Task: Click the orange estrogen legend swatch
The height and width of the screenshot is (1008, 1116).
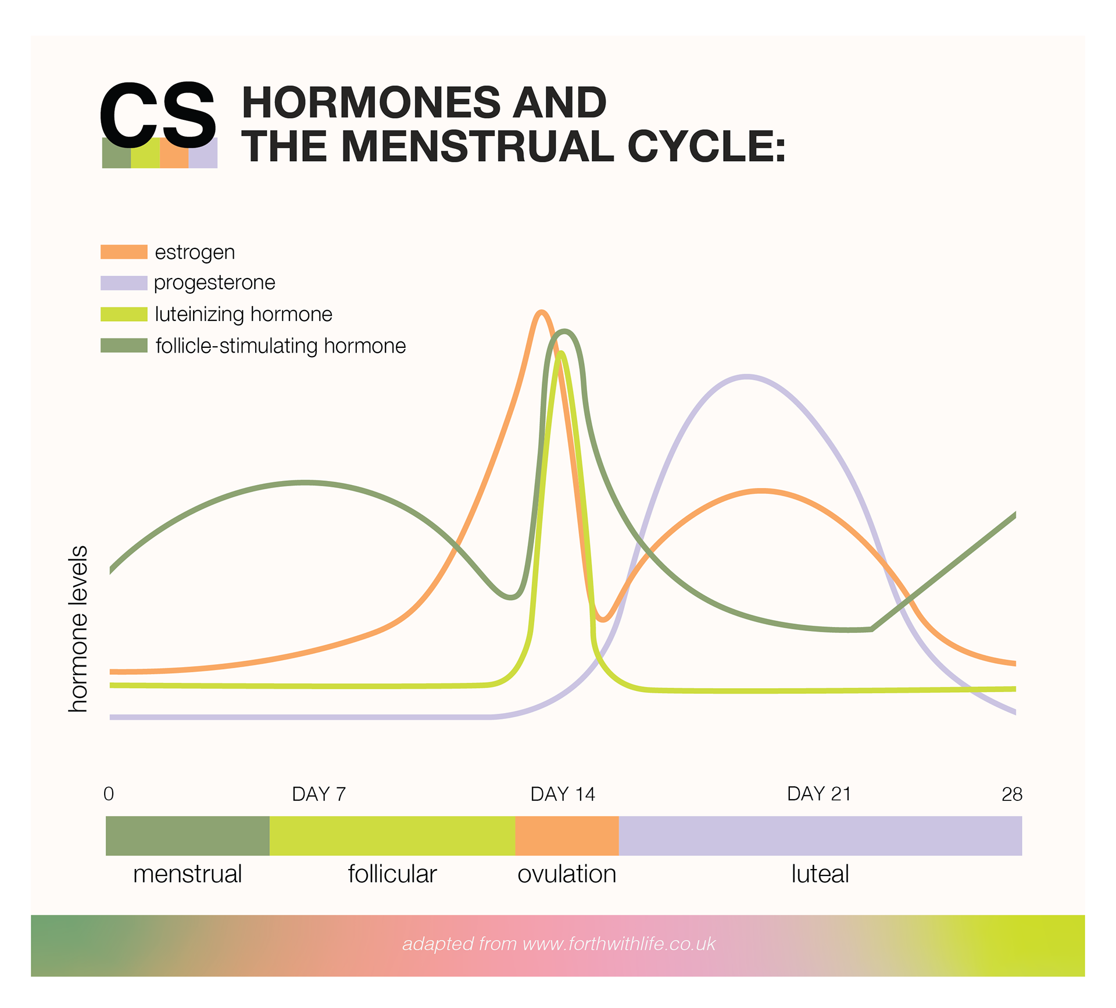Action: pyautogui.click(x=124, y=252)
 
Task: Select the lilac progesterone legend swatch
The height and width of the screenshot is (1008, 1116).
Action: pyautogui.click(x=124, y=283)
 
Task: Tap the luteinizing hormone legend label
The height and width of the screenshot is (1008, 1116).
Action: pyautogui.click(x=244, y=314)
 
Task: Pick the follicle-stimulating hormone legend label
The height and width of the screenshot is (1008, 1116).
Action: pyautogui.click(x=281, y=346)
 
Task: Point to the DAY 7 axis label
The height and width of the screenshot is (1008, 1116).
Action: pyautogui.click(x=319, y=794)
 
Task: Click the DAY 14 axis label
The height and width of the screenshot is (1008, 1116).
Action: pyautogui.click(x=563, y=794)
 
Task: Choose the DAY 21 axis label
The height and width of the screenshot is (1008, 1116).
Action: pyautogui.click(x=819, y=794)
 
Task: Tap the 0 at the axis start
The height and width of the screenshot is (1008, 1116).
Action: pyautogui.click(x=109, y=794)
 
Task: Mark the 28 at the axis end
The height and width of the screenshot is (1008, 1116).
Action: pyautogui.click(x=1012, y=794)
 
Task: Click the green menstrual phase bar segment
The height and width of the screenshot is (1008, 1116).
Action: pyautogui.click(x=187, y=836)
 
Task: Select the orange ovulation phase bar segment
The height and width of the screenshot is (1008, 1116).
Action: pyautogui.click(x=567, y=836)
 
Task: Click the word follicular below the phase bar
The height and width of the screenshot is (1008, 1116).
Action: pyautogui.click(x=392, y=874)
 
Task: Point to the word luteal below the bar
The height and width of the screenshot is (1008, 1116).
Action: pyautogui.click(x=820, y=874)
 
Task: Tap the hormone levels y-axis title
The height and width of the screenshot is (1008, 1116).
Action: pyautogui.click(x=78, y=629)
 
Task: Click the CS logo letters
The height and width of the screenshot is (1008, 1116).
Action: pyautogui.click(x=158, y=115)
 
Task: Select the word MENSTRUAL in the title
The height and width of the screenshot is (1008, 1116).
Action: pyautogui.click(x=477, y=146)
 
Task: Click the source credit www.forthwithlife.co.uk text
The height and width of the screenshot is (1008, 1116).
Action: pyautogui.click(x=619, y=943)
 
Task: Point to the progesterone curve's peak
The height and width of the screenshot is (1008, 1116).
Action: pyautogui.click(x=747, y=377)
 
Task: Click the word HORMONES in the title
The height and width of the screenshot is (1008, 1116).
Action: pyautogui.click(x=371, y=102)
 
